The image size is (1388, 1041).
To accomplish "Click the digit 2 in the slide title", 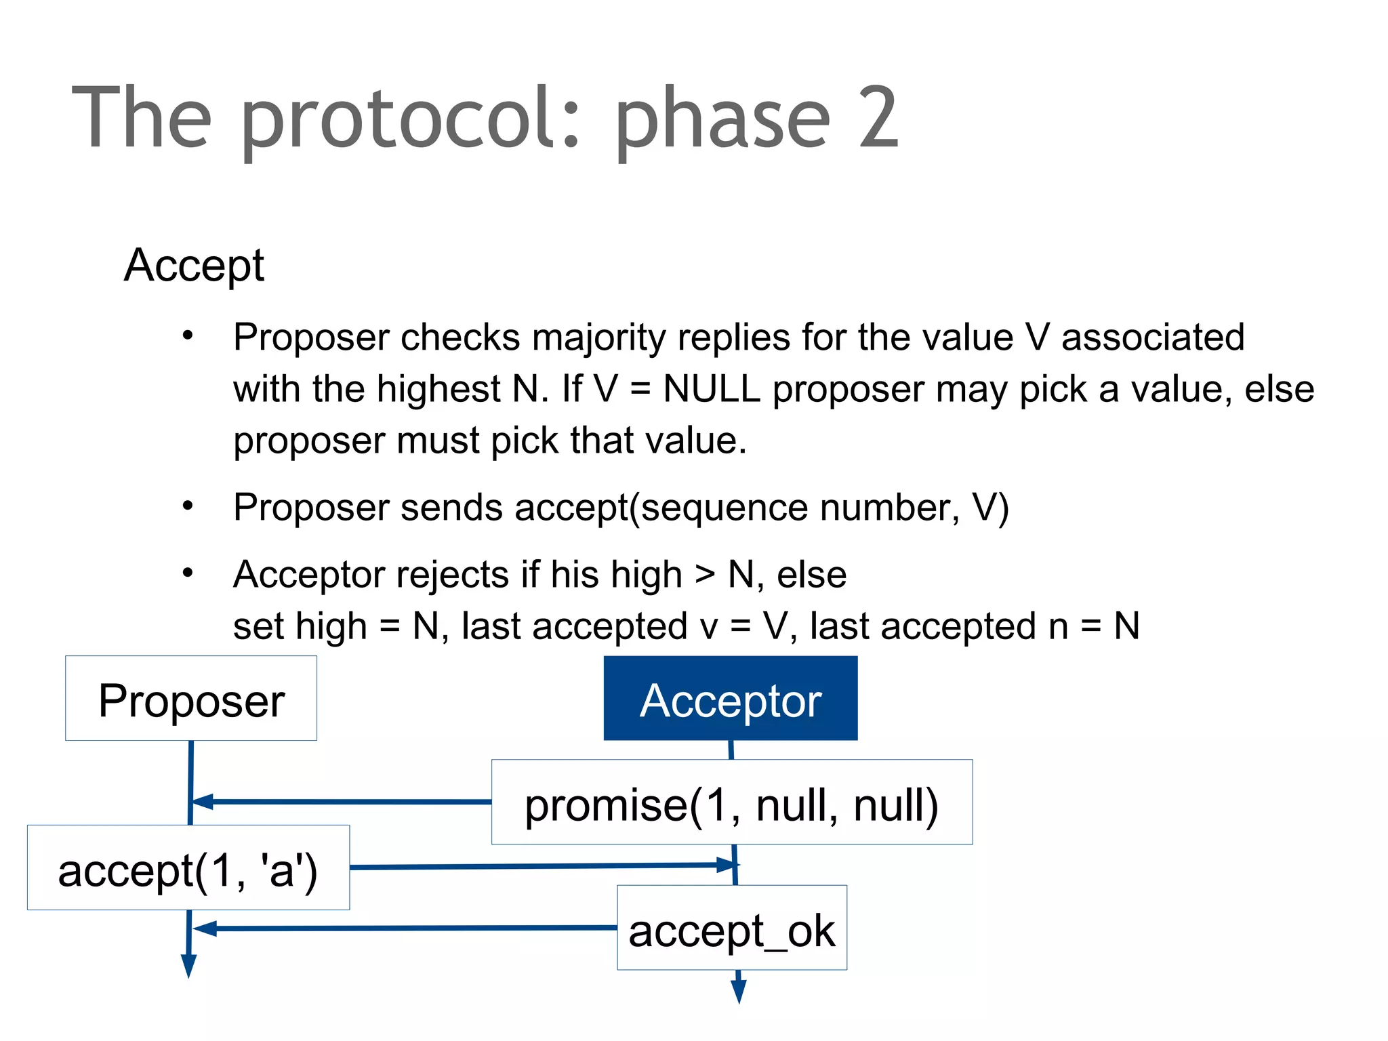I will click(x=877, y=117).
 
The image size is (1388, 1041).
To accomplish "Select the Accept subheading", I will click(x=194, y=265).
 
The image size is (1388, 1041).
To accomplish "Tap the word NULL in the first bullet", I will click(x=711, y=389).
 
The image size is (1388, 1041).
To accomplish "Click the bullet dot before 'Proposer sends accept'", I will click(x=188, y=505).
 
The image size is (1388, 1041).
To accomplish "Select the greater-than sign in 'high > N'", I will click(x=705, y=575).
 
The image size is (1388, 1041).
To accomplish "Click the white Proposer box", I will click(x=191, y=698).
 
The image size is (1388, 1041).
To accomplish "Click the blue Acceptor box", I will click(x=731, y=698).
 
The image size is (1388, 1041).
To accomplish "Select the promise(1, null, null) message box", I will click(x=732, y=802).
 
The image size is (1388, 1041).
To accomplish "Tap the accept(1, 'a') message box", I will click(x=188, y=867).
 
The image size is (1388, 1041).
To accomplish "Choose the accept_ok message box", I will click(x=732, y=928).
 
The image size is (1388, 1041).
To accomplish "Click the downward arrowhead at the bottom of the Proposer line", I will click(x=189, y=965).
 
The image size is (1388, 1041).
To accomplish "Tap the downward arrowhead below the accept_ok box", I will click(x=739, y=992).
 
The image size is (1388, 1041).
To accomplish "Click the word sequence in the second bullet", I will click(x=724, y=508).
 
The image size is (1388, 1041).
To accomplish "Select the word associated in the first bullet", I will click(x=1152, y=338).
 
